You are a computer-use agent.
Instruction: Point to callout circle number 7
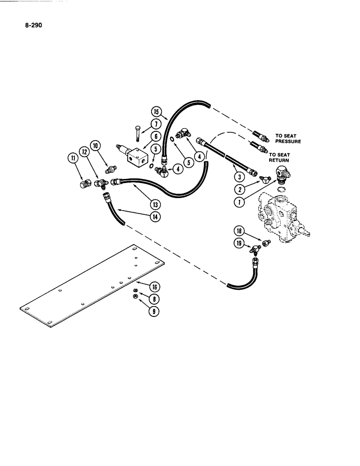tap(157, 124)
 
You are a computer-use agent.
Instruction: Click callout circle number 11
tap(73, 158)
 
